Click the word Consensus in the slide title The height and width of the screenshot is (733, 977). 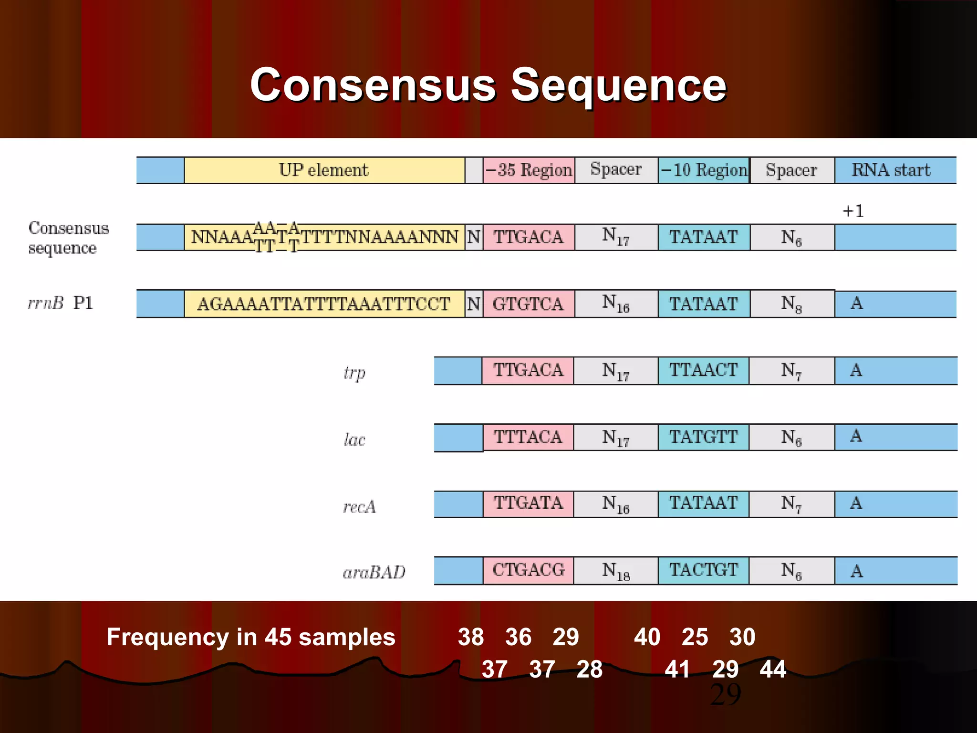click(x=373, y=85)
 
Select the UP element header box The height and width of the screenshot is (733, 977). click(x=324, y=170)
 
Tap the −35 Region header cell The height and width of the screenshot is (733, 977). click(x=529, y=170)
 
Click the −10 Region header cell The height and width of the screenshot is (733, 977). click(x=704, y=170)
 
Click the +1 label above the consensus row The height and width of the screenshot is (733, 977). click(x=853, y=211)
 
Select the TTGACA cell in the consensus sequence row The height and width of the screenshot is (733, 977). click(x=529, y=237)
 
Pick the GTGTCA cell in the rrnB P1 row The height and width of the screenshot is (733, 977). click(x=529, y=304)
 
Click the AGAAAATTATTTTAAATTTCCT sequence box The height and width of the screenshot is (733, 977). click(x=324, y=304)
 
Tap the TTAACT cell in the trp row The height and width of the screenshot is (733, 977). click(x=704, y=370)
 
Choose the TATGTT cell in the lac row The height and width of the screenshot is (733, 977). click(x=704, y=437)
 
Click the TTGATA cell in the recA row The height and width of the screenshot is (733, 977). click(x=529, y=503)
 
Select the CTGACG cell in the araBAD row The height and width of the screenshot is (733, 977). click(x=529, y=570)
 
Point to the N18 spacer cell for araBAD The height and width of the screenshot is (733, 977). click(x=616, y=571)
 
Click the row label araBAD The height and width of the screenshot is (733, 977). click(x=374, y=572)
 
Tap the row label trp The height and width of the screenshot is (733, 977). click(x=354, y=372)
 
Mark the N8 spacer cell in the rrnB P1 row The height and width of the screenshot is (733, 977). click(x=791, y=304)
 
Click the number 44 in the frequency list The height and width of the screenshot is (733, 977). click(x=773, y=669)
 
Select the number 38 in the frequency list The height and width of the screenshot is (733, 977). click(x=471, y=637)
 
